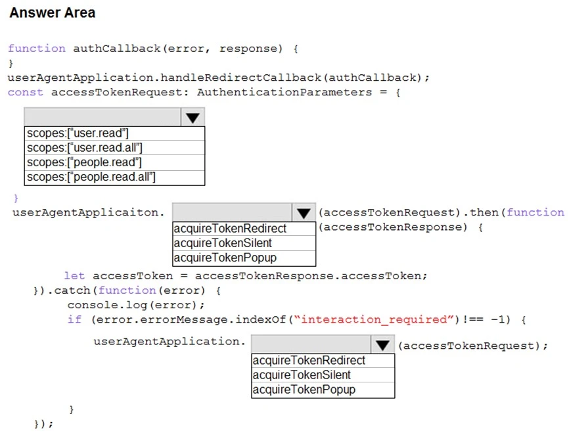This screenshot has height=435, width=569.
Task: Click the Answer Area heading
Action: tap(53, 12)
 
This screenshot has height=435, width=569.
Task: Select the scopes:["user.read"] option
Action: tap(78, 133)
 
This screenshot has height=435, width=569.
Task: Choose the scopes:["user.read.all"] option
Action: tap(85, 148)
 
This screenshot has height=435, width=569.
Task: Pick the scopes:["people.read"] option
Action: tap(84, 162)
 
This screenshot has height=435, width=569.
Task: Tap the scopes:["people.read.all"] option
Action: tap(91, 177)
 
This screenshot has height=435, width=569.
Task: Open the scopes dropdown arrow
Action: tap(192, 118)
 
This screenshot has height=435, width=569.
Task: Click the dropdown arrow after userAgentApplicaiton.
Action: tap(303, 213)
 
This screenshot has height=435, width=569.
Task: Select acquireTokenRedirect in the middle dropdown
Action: tap(230, 229)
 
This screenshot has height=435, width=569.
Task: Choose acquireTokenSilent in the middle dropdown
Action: tap(223, 243)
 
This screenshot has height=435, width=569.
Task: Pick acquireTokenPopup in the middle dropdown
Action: tap(225, 258)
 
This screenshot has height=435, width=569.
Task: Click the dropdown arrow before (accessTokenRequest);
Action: tap(382, 345)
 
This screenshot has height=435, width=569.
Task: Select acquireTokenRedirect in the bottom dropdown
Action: tap(309, 361)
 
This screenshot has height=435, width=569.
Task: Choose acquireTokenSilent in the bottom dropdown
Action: tap(302, 375)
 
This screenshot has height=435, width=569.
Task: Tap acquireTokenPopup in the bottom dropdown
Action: tap(304, 390)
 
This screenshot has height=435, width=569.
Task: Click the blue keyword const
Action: tap(25, 92)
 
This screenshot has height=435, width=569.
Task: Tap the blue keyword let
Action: tap(74, 276)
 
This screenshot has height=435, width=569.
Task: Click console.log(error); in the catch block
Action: tap(136, 305)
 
